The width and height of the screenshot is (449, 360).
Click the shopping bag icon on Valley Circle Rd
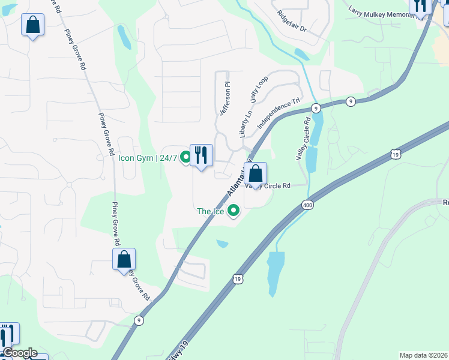coord(256,174)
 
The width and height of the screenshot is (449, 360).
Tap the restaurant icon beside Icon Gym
coord(201,156)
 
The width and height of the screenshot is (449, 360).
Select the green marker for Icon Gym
coord(185,158)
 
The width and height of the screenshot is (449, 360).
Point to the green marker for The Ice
coord(234,211)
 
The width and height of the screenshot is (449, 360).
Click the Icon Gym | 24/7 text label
coord(148,158)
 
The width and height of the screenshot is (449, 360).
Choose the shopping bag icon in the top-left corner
coord(33,25)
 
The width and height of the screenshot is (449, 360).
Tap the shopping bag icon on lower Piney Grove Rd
coord(124,260)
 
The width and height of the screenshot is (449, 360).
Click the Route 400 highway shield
coord(307,205)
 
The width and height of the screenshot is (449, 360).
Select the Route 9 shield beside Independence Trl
coord(316,108)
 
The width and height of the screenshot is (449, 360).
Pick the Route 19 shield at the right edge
coord(394,155)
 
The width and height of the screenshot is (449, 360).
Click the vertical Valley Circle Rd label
coord(303,138)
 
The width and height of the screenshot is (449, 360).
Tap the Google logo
coord(19,353)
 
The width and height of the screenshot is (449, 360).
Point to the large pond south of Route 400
coord(274,273)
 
